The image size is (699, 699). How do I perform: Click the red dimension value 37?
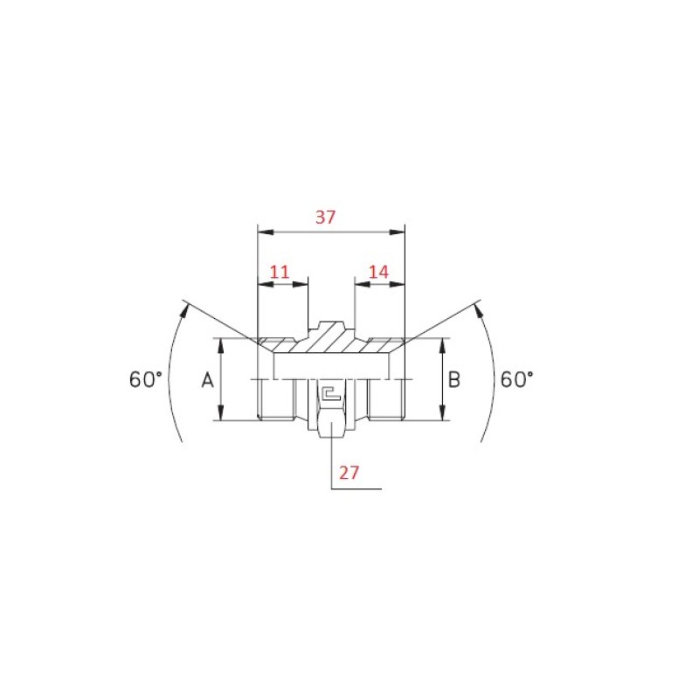click(x=325, y=217)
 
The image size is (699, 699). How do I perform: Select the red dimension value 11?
click(x=280, y=272)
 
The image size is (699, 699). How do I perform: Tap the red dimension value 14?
click(x=379, y=272)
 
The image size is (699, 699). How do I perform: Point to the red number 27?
click(x=349, y=473)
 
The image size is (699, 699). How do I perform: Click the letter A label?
click(x=208, y=380)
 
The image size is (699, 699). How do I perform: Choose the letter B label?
click(x=453, y=380)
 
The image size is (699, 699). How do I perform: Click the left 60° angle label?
click(x=145, y=379)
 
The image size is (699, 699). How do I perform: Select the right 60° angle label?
click(x=516, y=379)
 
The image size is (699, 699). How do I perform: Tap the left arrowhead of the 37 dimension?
click(x=266, y=232)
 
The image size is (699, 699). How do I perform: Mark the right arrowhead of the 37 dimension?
click(x=398, y=232)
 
